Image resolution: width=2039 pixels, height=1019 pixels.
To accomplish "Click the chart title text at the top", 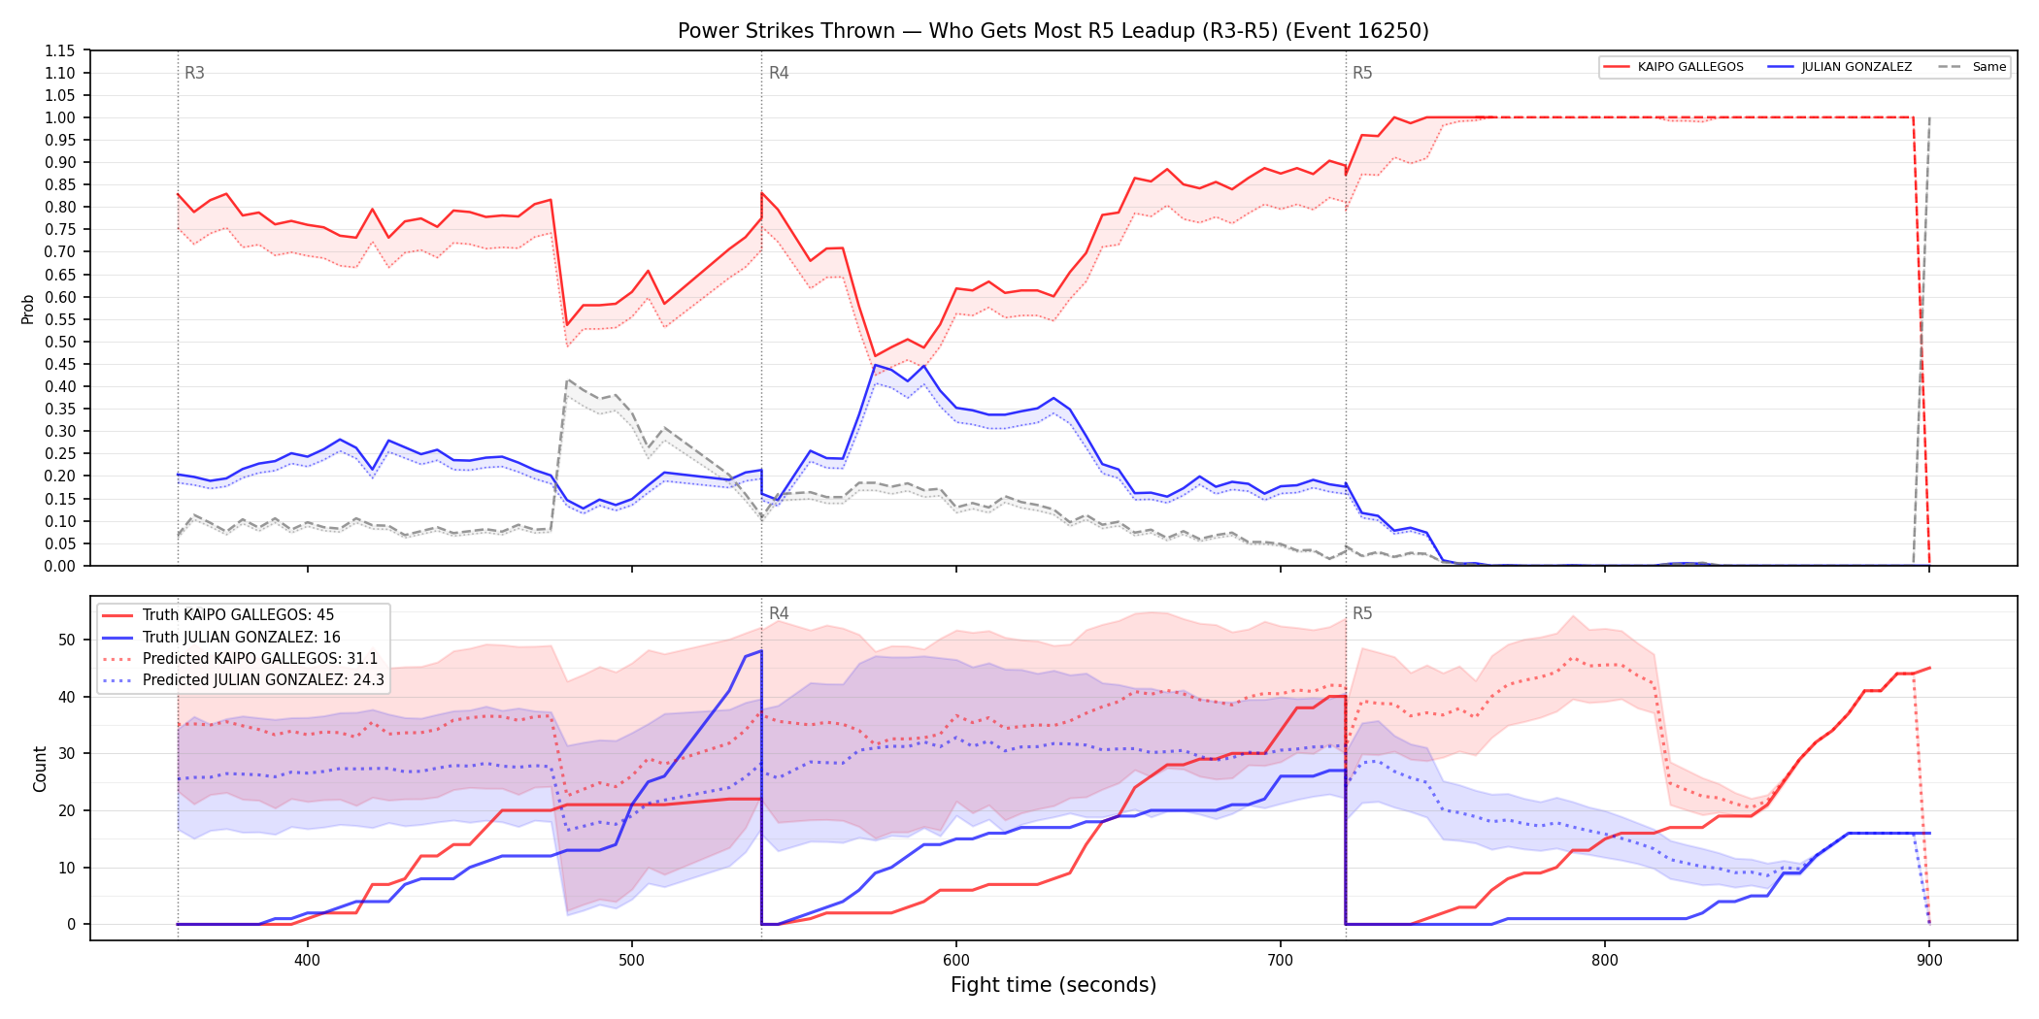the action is [x=1053, y=31].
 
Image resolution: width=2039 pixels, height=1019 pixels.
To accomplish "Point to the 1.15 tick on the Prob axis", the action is [x=59, y=50].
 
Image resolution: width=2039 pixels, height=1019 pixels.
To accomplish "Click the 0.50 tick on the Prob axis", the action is [x=59, y=342].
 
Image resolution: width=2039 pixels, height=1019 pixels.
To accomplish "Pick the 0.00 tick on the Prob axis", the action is [x=59, y=566].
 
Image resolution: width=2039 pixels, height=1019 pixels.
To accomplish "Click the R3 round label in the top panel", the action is [x=194, y=73].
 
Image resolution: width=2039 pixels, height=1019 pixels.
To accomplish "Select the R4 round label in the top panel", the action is [x=779, y=73].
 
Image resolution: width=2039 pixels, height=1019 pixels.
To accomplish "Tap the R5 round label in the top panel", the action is [x=1362, y=73].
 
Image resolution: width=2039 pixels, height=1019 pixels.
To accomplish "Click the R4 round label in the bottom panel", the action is [x=779, y=613].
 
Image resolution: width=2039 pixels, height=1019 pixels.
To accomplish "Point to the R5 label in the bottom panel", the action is [x=1362, y=613].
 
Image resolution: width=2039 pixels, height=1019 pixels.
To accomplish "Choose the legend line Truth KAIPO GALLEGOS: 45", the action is [x=238, y=615].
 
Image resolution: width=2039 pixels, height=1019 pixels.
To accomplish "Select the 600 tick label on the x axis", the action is [x=956, y=960].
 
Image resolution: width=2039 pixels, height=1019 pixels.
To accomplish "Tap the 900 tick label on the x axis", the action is [x=1929, y=960].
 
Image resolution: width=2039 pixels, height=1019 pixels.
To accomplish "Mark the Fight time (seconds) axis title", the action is [x=1053, y=985].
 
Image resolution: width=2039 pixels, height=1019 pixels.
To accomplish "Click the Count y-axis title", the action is [x=40, y=769].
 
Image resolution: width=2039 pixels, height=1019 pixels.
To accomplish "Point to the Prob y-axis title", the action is [x=28, y=309].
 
